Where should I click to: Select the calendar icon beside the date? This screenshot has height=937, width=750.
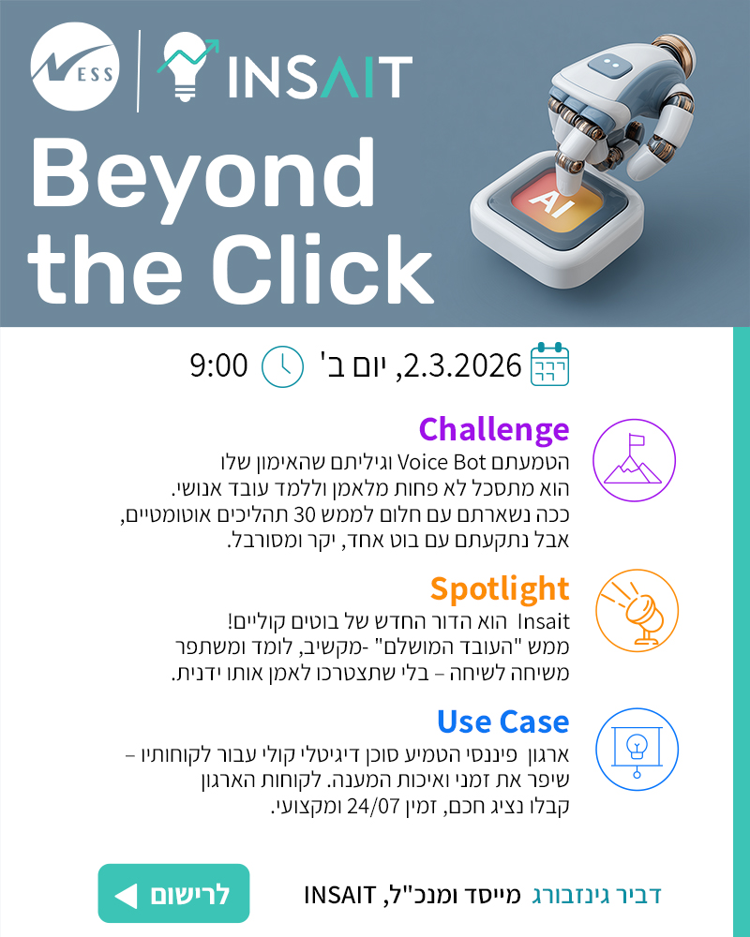pyautogui.click(x=550, y=364)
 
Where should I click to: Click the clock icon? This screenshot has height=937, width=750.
pyautogui.click(x=282, y=365)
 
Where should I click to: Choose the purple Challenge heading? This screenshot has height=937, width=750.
pyautogui.click(x=493, y=429)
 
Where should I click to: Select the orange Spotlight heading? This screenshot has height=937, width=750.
pyautogui.click(x=500, y=588)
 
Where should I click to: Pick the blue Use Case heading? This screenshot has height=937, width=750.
pyautogui.click(x=502, y=721)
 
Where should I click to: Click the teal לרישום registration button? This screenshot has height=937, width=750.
pyautogui.click(x=174, y=894)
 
